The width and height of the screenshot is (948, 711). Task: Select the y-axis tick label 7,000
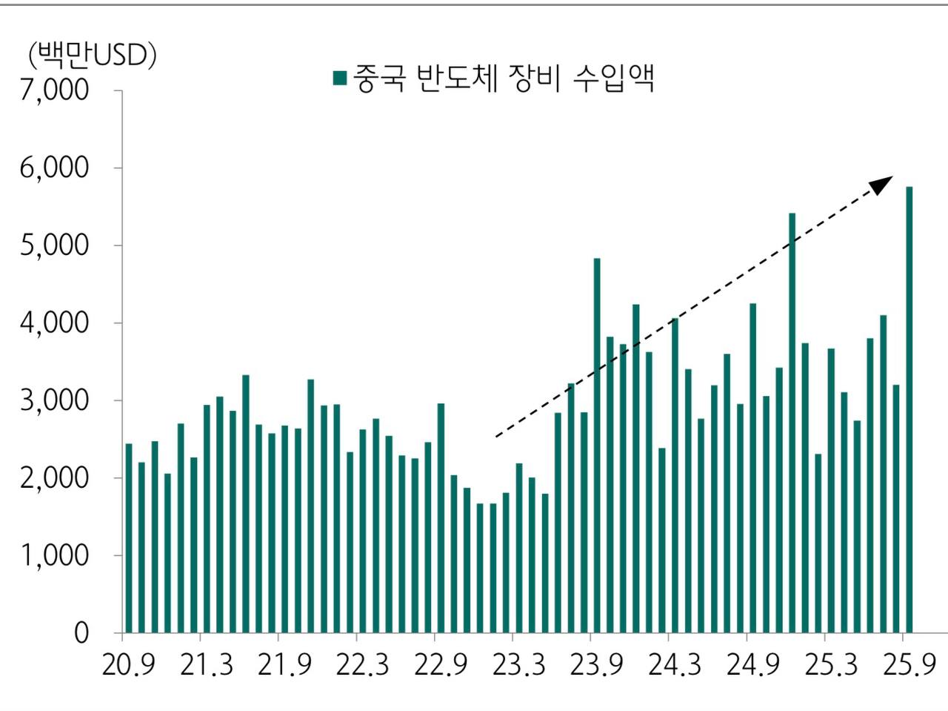54,90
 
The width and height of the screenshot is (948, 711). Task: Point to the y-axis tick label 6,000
54,168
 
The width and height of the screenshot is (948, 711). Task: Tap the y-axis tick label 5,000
54,245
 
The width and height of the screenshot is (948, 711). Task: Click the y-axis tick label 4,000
54,323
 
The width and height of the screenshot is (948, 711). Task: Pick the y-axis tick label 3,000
54,400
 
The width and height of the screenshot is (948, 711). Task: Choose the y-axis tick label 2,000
54,478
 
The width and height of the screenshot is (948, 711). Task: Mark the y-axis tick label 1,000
54,555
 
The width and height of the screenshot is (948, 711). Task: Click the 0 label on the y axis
81,633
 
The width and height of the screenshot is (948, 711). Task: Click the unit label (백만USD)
92,55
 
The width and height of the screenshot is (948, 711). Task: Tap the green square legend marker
340,79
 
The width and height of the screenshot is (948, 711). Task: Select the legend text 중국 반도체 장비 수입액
504,78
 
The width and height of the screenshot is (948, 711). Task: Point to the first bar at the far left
129,538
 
